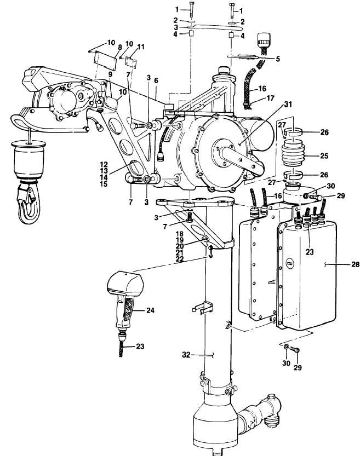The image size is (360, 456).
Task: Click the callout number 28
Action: pos(355,264)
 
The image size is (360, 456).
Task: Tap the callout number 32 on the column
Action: pos(186,355)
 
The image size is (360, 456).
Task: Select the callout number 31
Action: pos(288,104)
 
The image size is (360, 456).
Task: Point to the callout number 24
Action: pos(150,310)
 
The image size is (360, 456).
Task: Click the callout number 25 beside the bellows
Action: pos(324,155)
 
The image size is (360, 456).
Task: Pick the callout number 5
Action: pos(278,59)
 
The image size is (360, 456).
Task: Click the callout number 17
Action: pos(270,98)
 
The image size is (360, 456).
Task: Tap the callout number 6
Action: pos(156,80)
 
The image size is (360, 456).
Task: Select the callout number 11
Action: pos(141,47)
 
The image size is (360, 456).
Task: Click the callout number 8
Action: pos(119,47)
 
